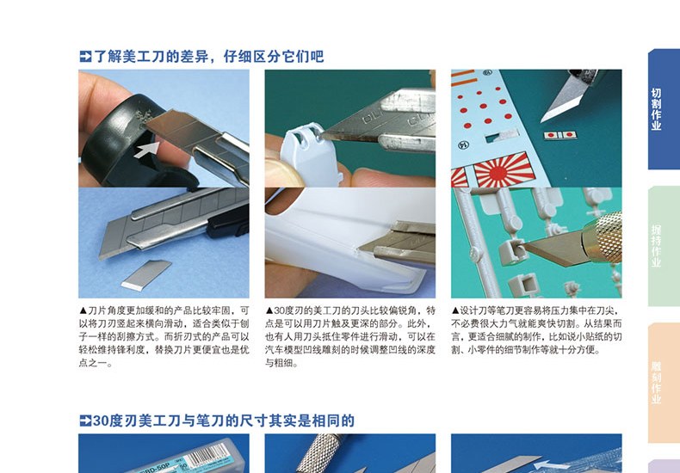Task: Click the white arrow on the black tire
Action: click(147, 150)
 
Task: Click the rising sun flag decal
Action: click(504, 169)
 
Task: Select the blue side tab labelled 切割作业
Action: click(664, 108)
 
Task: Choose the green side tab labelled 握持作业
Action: click(664, 246)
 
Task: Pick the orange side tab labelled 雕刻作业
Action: click(664, 383)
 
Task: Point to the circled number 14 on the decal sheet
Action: click(464, 144)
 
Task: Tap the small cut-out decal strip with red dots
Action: click(559, 135)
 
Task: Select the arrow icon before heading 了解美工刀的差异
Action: click(85, 56)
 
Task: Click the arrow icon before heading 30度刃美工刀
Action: click(85, 421)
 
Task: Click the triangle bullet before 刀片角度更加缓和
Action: click(83, 310)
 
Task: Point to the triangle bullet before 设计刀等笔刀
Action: click(455, 310)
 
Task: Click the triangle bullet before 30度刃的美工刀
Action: click(269, 310)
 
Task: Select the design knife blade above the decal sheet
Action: click(563, 99)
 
